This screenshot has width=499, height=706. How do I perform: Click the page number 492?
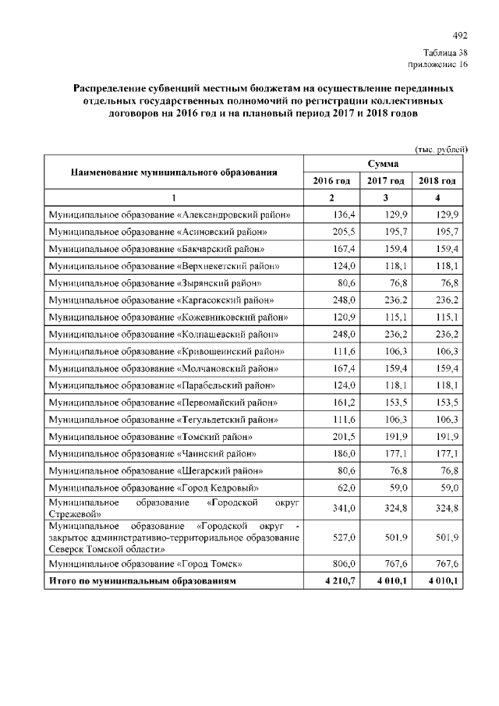[459, 35]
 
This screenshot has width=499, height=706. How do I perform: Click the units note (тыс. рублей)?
[441, 148]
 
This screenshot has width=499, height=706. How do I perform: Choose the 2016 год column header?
[331, 181]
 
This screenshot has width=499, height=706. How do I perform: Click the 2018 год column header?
[437, 181]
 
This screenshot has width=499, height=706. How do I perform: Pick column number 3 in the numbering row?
[385, 197]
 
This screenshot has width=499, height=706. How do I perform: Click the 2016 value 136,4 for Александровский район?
[344, 215]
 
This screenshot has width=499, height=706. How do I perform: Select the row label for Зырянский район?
[155, 283]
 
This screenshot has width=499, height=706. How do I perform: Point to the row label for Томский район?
[150, 436]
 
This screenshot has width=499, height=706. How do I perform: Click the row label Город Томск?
[145, 563]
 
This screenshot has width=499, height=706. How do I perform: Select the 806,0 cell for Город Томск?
[344, 563]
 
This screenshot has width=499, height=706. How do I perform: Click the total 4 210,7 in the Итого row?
[338, 581]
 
